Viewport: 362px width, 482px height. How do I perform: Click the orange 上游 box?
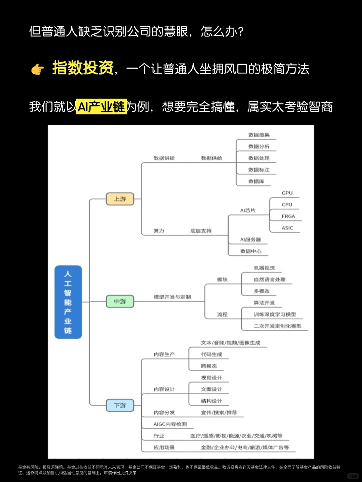point(120,199)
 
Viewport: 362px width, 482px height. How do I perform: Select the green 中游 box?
point(120,301)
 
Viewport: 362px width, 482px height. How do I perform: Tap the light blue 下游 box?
point(120,405)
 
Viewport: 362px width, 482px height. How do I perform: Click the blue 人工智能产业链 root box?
point(68,302)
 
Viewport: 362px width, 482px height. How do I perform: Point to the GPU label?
point(287,193)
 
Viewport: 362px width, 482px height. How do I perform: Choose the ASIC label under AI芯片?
point(287,228)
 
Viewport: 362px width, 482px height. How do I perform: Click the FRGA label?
point(288,216)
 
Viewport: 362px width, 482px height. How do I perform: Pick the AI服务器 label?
point(250,240)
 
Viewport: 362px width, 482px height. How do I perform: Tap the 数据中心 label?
point(251,251)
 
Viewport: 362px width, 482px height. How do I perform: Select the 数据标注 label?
point(259,170)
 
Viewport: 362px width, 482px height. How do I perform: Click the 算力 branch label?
point(159,231)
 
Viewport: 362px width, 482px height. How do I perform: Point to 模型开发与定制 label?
point(172,297)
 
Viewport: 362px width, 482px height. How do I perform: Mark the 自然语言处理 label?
point(269,279)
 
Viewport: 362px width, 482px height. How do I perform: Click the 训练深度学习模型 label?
point(275,314)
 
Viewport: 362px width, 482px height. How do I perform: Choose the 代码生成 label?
point(212,354)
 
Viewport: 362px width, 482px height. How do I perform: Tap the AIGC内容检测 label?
point(170,424)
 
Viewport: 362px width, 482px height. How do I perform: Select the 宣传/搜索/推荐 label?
point(219,413)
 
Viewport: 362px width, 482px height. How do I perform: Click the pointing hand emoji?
point(38,69)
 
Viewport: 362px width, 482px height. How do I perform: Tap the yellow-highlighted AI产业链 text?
point(101,107)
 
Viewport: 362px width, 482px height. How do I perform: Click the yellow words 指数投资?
point(83,68)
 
